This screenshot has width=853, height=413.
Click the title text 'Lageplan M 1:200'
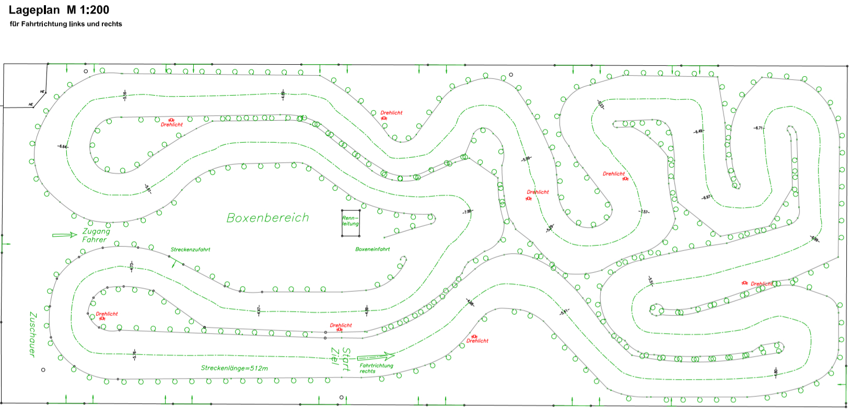coord(59,10)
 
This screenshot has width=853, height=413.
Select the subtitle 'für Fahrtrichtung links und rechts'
coord(66,24)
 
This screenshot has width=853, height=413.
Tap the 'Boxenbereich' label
coord(267,218)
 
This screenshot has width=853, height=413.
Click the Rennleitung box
coord(350,223)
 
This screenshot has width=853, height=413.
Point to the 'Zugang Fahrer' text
coord(96,235)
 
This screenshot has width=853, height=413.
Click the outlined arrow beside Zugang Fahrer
coord(65,235)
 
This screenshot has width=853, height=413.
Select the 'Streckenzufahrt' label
coord(190,249)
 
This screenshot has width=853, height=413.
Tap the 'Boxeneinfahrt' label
coord(372,249)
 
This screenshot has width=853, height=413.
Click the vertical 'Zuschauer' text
coord(32,335)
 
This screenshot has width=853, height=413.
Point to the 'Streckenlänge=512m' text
coord(234,368)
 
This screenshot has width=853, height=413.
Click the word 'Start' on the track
coord(346,360)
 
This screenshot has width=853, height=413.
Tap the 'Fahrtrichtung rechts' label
coord(376,369)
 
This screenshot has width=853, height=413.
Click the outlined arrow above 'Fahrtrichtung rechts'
coord(376,357)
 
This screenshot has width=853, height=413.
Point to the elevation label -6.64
coord(63,146)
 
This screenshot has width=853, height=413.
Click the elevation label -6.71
coord(758,128)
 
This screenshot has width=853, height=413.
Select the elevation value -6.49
coord(698,132)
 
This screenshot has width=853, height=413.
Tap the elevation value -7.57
coord(644,212)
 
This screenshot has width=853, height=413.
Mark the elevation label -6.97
coord(706,198)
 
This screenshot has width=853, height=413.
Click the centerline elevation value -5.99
coord(526,158)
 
